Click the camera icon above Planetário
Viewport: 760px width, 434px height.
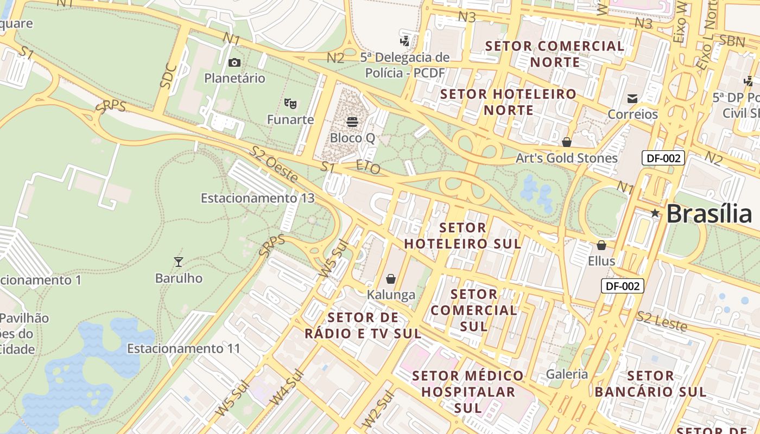[235, 63]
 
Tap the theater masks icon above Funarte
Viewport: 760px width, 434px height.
[290, 103]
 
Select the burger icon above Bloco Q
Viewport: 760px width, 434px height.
[352, 122]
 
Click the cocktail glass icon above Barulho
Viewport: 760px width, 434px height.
[179, 262]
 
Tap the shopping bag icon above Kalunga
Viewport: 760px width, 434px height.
[391, 279]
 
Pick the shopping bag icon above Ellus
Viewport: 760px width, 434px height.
[601, 245]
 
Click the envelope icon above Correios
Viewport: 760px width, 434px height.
[632, 98]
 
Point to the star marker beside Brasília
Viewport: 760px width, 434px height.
[655, 213]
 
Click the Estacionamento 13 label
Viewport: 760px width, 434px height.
[257, 198]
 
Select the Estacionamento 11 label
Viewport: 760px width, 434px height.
[183, 348]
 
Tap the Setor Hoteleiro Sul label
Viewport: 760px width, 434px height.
[463, 235]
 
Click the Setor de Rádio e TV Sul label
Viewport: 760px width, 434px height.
[363, 325]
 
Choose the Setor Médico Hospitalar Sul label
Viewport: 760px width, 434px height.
[467, 391]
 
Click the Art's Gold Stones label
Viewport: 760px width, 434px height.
[566, 158]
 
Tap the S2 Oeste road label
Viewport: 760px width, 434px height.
[274, 163]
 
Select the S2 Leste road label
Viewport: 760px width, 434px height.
[662, 322]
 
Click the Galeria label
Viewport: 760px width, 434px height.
[567, 374]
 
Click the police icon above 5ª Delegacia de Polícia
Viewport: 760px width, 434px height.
[404, 40]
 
